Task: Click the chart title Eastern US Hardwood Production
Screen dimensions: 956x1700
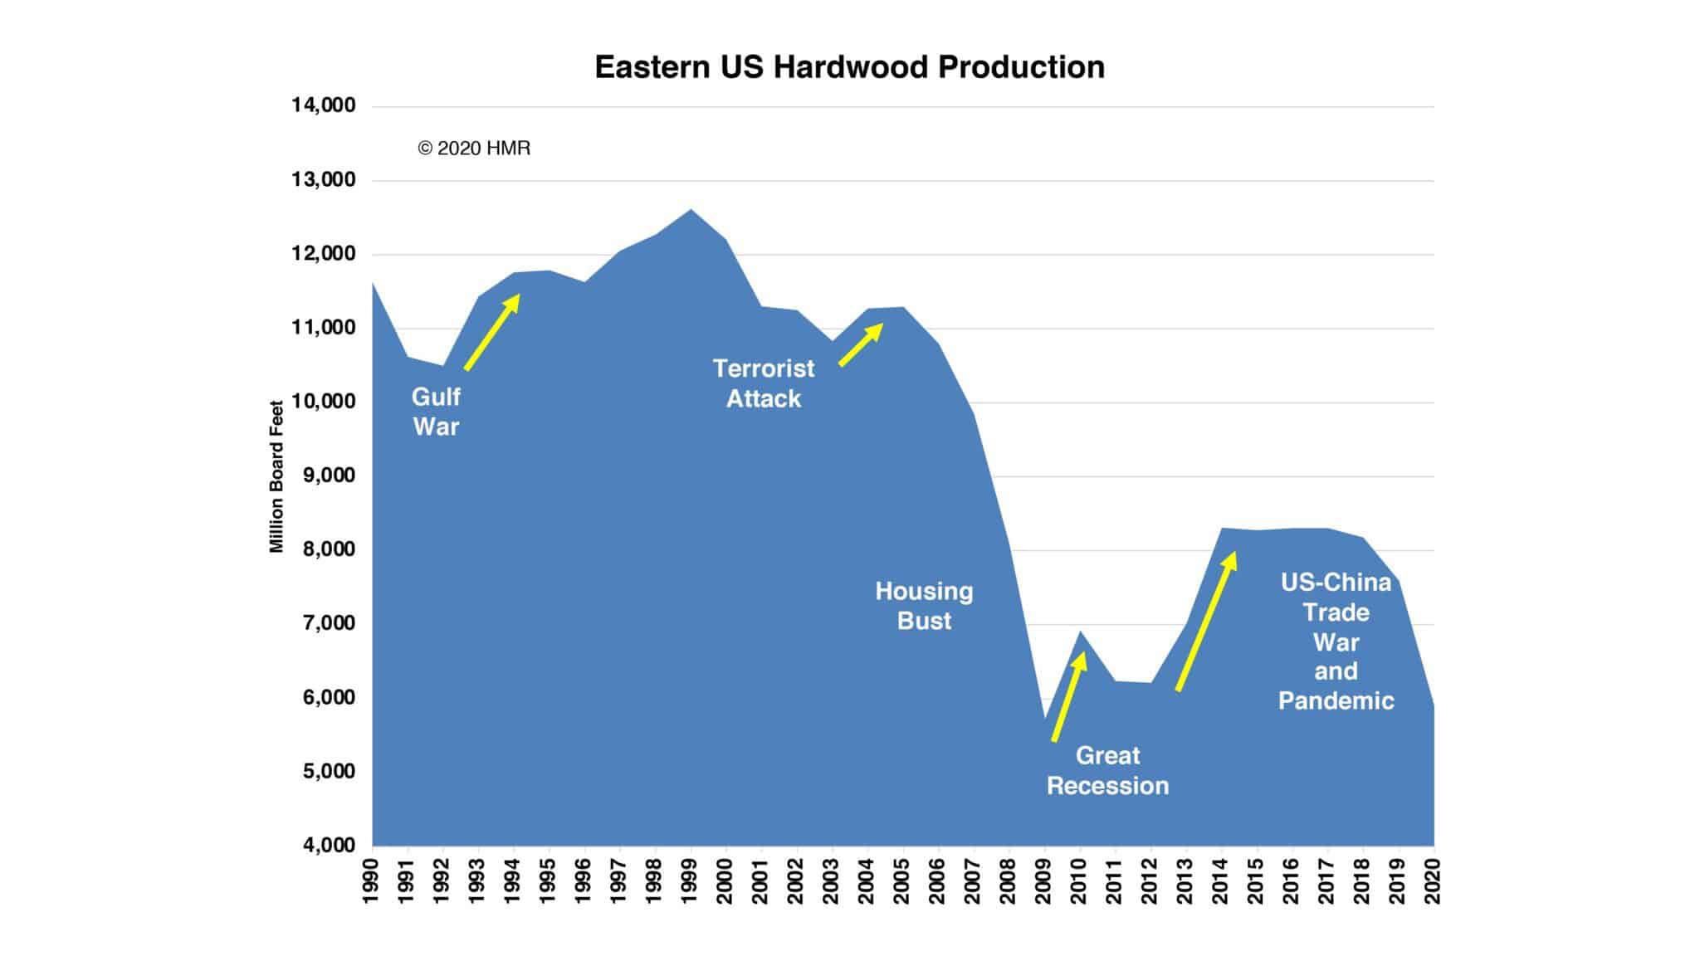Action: pyautogui.click(x=849, y=67)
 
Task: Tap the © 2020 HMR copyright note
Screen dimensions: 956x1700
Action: pyautogui.click(x=474, y=149)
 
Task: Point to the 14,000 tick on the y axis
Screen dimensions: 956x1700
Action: pyautogui.click(x=323, y=105)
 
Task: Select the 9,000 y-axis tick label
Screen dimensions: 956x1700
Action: pyautogui.click(x=323, y=476)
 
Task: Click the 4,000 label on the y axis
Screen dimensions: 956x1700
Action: pyautogui.click(x=323, y=845)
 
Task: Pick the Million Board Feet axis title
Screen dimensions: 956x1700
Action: pyautogui.click(x=276, y=476)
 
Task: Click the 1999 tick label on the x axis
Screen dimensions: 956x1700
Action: pyautogui.click(x=689, y=881)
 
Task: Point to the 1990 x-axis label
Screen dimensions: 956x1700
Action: pyautogui.click(x=371, y=881)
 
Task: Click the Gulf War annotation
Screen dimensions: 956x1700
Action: pyautogui.click(x=436, y=412)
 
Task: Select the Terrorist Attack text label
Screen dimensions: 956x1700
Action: pyautogui.click(x=764, y=383)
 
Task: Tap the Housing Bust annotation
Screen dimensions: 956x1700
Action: pyautogui.click(x=924, y=606)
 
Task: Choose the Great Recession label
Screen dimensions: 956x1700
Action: pyautogui.click(x=1107, y=771)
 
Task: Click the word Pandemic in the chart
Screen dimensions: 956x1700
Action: pyautogui.click(x=1336, y=701)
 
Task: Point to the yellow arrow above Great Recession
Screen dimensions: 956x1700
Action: pyautogui.click(x=1069, y=696)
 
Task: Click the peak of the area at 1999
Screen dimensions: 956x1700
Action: pyautogui.click(x=691, y=211)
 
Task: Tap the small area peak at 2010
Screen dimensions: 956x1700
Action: pyautogui.click(x=1080, y=634)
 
